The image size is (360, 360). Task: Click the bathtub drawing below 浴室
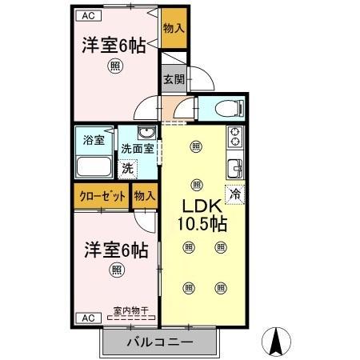(95, 166)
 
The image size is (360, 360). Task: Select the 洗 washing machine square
(128, 169)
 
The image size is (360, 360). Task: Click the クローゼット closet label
(102, 196)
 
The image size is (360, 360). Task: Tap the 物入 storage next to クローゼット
(145, 196)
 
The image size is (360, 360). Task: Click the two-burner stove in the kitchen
(235, 137)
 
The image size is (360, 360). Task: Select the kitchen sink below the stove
(235, 168)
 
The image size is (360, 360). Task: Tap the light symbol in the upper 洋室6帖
(117, 68)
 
